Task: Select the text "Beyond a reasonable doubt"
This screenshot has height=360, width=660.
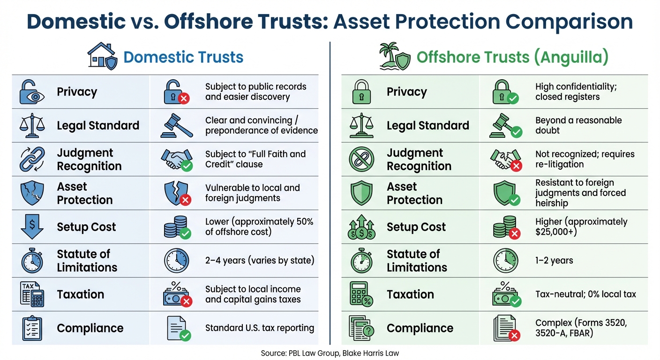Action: click(x=578, y=125)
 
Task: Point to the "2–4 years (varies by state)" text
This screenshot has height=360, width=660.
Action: click(x=260, y=260)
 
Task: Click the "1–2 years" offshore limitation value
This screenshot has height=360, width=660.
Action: click(x=554, y=260)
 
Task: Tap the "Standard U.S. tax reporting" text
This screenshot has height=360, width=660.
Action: click(x=260, y=328)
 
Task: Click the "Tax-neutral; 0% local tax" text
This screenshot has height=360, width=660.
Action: click(x=585, y=294)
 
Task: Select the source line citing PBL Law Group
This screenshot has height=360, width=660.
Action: click(x=330, y=353)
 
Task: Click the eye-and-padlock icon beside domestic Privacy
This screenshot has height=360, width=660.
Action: click(x=32, y=92)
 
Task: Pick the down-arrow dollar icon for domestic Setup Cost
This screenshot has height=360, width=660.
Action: click(x=32, y=227)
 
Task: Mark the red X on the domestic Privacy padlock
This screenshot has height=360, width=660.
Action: click(x=184, y=98)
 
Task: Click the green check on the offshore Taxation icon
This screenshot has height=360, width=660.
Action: click(x=515, y=301)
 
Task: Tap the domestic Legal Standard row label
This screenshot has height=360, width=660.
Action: click(x=98, y=126)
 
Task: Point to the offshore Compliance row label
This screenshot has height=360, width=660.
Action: click(x=420, y=328)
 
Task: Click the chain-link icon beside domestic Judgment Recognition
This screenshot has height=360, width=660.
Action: click(x=32, y=159)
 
